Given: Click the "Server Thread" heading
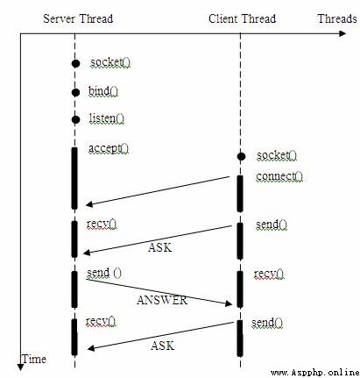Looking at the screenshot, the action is (78, 19).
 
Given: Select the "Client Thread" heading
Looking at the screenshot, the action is (242, 19).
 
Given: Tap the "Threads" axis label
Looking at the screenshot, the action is (337, 18).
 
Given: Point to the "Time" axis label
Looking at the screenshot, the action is (34, 359).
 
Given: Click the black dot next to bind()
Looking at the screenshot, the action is (75, 92).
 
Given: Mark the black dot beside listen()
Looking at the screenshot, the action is (75, 119).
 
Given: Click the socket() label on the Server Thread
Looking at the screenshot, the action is (110, 62).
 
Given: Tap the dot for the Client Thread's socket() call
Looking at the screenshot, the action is (241, 157).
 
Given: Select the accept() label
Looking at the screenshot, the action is (109, 148).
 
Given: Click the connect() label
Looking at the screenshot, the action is (279, 176).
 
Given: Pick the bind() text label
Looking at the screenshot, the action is (103, 91).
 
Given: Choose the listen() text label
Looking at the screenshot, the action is (107, 118).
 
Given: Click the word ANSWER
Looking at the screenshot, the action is (162, 300).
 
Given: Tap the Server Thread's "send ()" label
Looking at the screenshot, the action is (104, 273).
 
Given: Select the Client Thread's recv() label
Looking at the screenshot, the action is (269, 274).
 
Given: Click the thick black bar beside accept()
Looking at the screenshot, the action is (74, 178).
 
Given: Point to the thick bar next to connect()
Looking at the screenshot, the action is (240, 194).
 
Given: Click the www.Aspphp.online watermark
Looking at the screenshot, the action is (315, 373).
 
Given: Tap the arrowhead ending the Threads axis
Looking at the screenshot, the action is (342, 33).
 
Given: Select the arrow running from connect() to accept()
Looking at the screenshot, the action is (158, 191).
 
